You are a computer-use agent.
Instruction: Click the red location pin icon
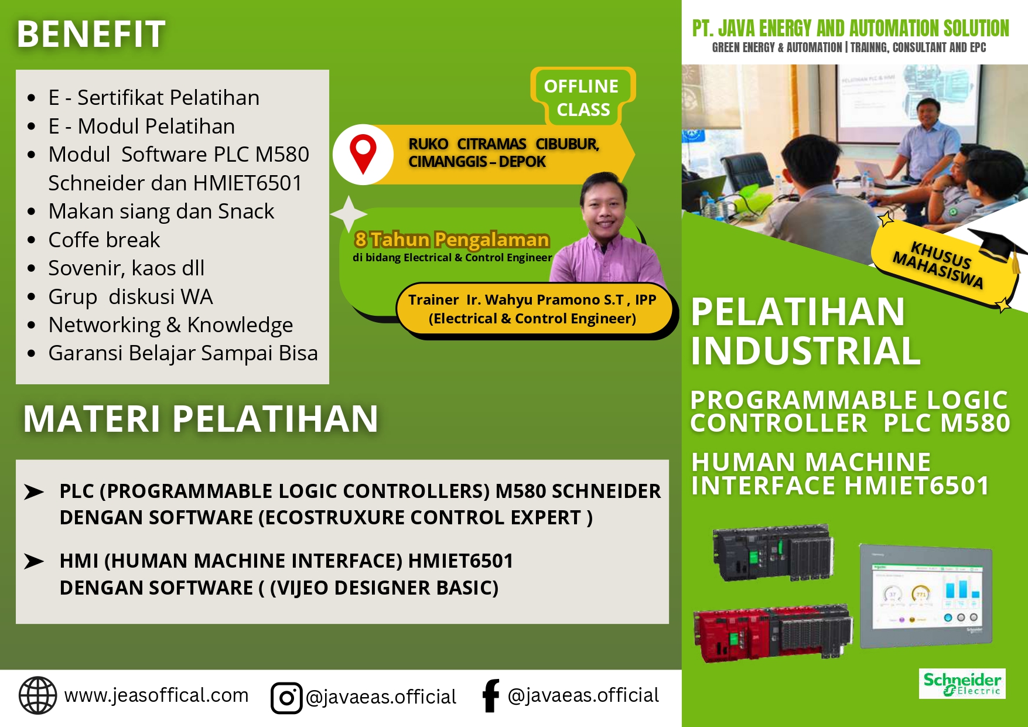pyautogui.click(x=363, y=153)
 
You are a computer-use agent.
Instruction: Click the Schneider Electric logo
pyautogui.click(x=962, y=683)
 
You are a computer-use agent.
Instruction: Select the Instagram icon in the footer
pyautogui.click(x=286, y=698)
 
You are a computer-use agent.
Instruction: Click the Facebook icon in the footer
pyautogui.click(x=491, y=695)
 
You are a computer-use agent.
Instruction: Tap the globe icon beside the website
pyautogui.click(x=37, y=695)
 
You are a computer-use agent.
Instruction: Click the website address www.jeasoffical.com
pyautogui.click(x=156, y=695)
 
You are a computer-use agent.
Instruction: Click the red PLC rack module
pyautogui.click(x=770, y=633)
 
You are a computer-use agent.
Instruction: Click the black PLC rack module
pyautogui.click(x=772, y=551)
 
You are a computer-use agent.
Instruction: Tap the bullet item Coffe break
pyautogui.click(x=104, y=240)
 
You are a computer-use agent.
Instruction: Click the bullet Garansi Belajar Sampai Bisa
pyautogui.click(x=183, y=353)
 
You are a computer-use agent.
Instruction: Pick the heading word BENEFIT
pyautogui.click(x=91, y=34)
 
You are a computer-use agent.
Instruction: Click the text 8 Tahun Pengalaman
pyautogui.click(x=452, y=240)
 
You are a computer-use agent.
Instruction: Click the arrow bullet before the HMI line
pyautogui.click(x=34, y=561)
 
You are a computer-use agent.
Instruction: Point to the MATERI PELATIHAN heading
pyautogui.click(x=200, y=419)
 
